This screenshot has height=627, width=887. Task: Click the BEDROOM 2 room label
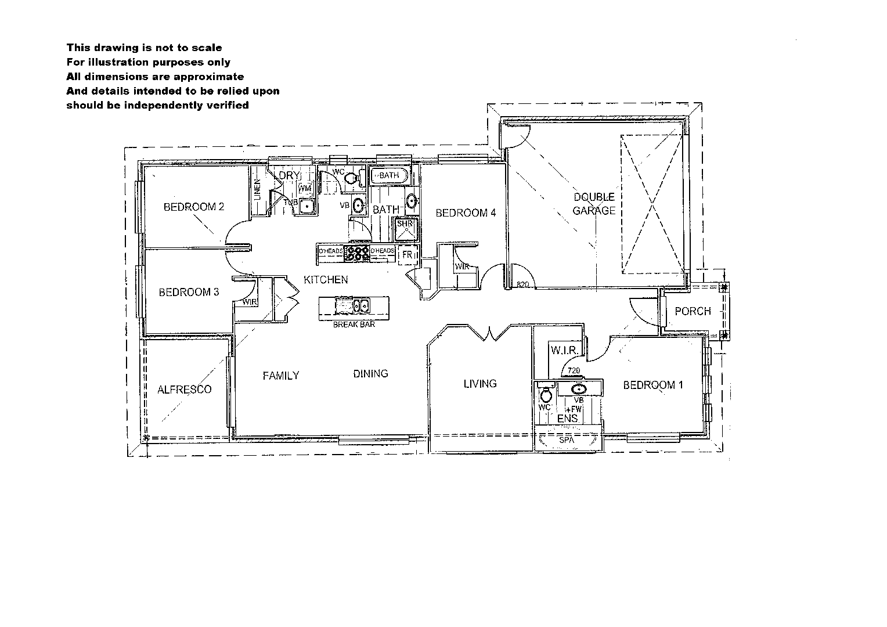194,207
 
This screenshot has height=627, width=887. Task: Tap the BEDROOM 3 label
189,293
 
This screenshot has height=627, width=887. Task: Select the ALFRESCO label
185,390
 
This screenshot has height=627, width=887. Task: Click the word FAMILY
280,376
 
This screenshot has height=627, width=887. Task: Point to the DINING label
370,374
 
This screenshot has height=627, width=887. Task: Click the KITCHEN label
326,280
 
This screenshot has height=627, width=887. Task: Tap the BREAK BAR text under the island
354,325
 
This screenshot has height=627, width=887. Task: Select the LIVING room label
480,384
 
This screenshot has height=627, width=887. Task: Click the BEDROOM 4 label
466,213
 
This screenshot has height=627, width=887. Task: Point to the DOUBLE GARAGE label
594,204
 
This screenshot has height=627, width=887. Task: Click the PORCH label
693,312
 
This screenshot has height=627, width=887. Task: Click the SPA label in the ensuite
567,441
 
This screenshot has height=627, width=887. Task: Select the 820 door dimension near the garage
522,285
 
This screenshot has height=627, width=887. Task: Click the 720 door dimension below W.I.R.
574,371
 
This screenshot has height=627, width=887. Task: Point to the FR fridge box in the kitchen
408,255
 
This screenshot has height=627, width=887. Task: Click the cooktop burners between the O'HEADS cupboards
358,253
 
